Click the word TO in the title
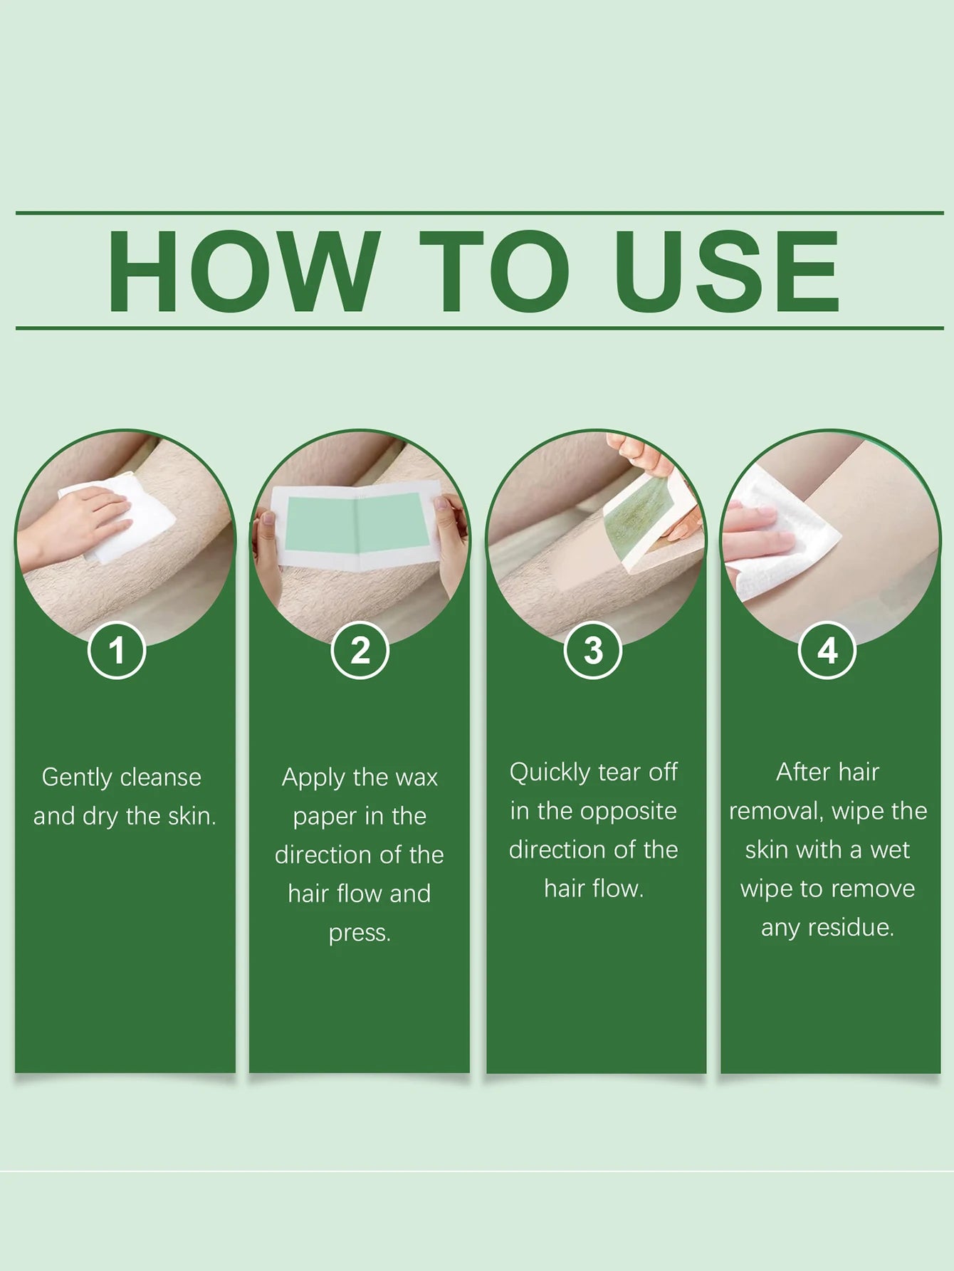pyautogui.click(x=494, y=272)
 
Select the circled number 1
pyautogui.click(x=117, y=650)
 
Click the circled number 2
pyautogui.click(x=360, y=650)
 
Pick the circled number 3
pyautogui.click(x=593, y=650)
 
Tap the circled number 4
pyautogui.click(x=827, y=650)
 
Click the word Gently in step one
pyautogui.click(x=76, y=778)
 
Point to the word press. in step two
pyautogui.click(x=360, y=932)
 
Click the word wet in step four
pyautogui.click(x=889, y=849)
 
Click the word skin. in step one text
pyautogui.click(x=192, y=816)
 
